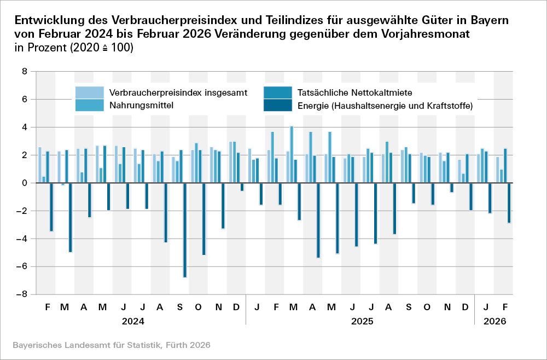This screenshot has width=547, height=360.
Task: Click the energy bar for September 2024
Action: pos(185,230)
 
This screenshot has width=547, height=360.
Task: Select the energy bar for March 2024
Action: pos(71,218)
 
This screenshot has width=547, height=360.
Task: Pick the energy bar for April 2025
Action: pos(318,220)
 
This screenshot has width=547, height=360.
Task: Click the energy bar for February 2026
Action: pos(509,203)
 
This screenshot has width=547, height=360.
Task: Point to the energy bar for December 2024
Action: pos(242,187)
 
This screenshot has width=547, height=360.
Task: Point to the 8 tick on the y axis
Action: pos(25,71)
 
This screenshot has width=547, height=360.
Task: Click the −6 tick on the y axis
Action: pos(22,266)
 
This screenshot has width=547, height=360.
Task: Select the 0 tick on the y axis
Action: pos(25,183)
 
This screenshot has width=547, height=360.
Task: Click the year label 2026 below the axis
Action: pos(494,321)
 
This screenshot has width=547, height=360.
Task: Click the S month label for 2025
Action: pos(409,307)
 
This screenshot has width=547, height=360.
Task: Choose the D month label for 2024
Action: pos(236,307)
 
